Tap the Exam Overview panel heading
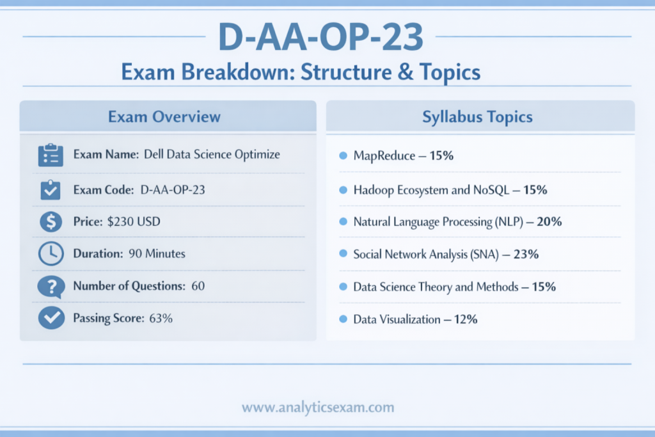pos(164,116)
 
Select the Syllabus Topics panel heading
pos(477,116)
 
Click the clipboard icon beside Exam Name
pos(50,155)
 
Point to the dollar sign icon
pos(50,222)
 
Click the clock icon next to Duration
pos(50,254)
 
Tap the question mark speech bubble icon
pos(50,286)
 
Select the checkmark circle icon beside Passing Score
pos(50,318)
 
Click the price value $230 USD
pos(134,222)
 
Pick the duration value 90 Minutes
pos(157,254)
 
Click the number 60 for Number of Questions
pos(198,286)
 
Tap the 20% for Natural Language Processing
pos(549,222)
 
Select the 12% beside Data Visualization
pos(465,319)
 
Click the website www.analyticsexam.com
pos(318,407)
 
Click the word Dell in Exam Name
pos(155,155)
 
